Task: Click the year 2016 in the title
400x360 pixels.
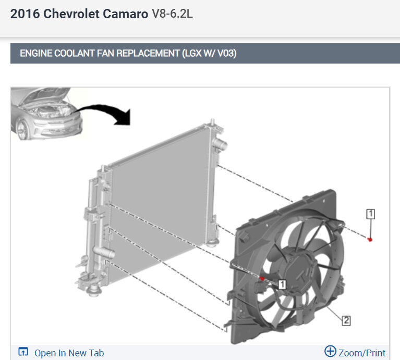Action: tap(25, 14)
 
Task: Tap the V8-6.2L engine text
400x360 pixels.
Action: tap(172, 14)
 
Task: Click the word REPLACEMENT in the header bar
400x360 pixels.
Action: tap(148, 53)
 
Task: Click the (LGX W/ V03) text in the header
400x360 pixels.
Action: tap(209, 53)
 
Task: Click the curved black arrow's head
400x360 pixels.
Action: tap(123, 118)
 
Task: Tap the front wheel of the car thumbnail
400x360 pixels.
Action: tap(23, 130)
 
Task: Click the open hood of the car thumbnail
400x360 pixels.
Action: tap(46, 94)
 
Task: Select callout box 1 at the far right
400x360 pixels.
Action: tap(370, 214)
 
